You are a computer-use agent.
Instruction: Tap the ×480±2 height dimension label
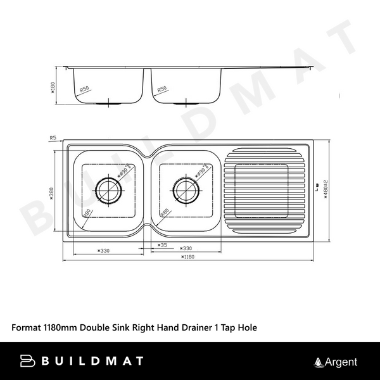325,188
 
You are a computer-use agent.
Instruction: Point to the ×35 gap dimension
162,244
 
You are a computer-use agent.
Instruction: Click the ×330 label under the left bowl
103,251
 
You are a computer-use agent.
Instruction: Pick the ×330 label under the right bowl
186,249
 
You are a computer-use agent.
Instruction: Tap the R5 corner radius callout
53,137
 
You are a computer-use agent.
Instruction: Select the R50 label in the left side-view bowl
84,90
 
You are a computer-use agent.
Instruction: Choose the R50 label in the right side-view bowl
162,90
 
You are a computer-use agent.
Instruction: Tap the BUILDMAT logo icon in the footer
28,362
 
